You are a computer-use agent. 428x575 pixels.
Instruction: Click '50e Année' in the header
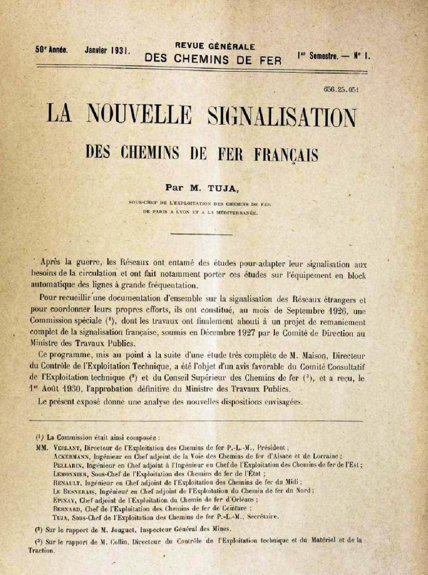[x=51, y=49]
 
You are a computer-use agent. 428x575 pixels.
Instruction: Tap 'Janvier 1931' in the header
[x=107, y=50]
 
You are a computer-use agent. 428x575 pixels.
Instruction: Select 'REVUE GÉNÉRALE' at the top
[x=215, y=47]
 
